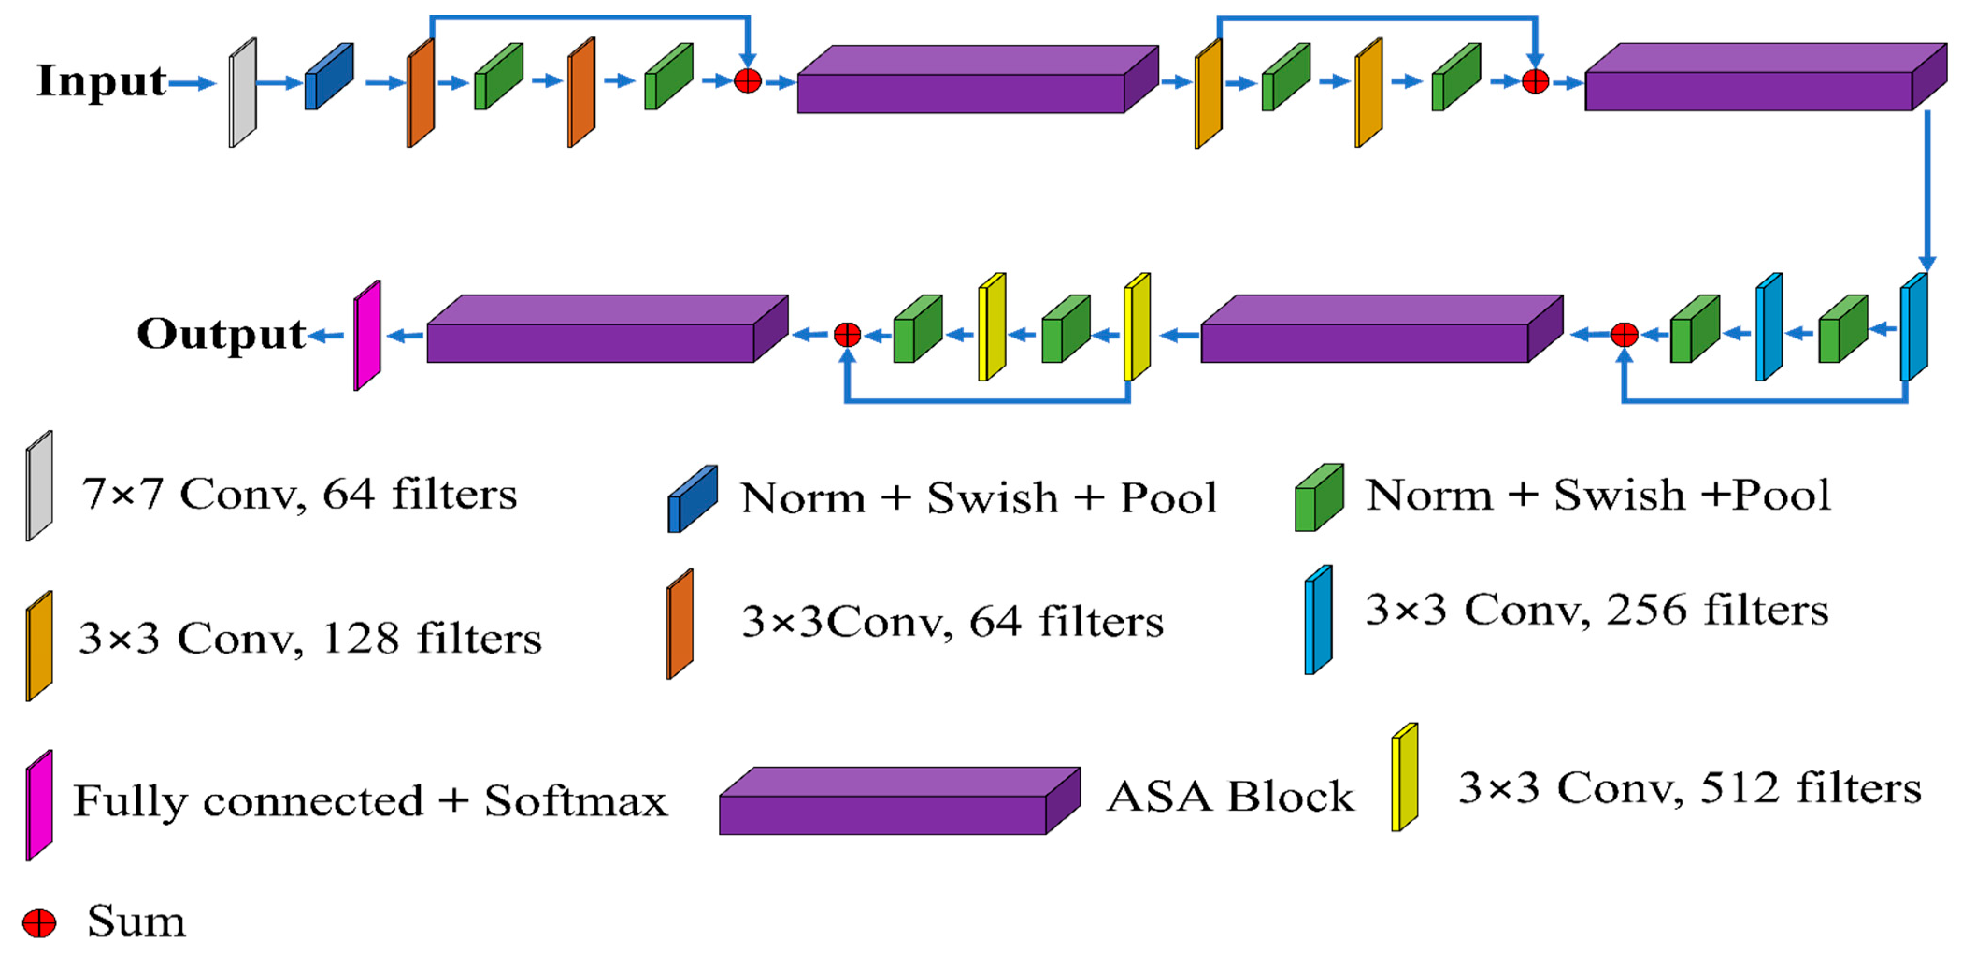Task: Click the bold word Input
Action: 101,81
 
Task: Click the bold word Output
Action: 221,334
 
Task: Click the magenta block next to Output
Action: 366,335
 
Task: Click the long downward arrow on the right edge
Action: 1927,190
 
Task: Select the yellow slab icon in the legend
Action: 1404,777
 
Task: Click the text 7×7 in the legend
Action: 122,494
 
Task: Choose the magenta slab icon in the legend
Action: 39,806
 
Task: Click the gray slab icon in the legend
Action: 39,486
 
